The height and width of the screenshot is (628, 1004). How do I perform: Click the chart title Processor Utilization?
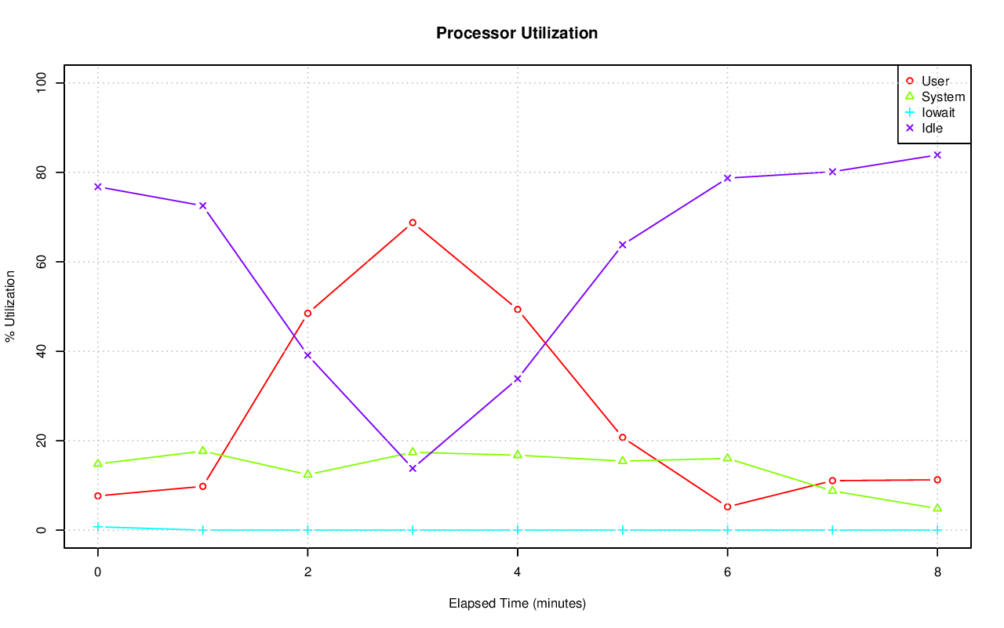coord(517,33)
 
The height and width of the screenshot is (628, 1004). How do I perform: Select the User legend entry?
coord(935,82)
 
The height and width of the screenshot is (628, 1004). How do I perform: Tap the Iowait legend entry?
coord(938,112)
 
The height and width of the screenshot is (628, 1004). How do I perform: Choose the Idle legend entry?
coord(932,128)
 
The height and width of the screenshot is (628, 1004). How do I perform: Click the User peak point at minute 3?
coord(413,223)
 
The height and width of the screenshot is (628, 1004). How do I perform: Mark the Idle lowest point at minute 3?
coord(413,468)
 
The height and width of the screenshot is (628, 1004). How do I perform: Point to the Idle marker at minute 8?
coord(937,155)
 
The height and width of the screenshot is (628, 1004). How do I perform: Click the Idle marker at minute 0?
coord(98,187)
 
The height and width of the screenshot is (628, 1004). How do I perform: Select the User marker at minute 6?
coord(727,506)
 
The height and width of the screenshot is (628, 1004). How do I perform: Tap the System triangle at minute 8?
coord(937,508)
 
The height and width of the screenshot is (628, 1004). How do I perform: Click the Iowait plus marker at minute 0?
coord(98,527)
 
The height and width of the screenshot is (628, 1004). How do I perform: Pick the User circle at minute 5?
coord(622,437)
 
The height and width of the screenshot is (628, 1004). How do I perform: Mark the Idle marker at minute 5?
coord(622,245)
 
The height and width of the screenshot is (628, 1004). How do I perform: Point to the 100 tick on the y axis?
coord(41,83)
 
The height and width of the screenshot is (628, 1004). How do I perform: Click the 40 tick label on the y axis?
coord(41,351)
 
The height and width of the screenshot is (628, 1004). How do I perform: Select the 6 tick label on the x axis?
coord(727,572)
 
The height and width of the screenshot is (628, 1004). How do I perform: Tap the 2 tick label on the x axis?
coord(307,572)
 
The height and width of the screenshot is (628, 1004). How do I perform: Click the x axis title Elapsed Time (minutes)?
coord(517,604)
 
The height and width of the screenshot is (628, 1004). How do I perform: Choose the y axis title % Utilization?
coord(10,307)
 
